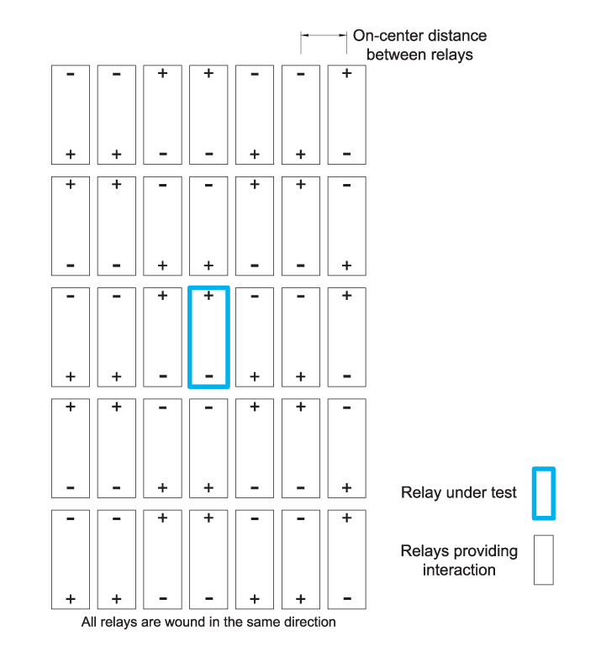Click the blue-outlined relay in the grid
(x=209, y=337)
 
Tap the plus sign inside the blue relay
(x=209, y=296)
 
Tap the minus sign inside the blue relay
(x=209, y=376)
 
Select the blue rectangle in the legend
(x=544, y=494)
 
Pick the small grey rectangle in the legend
(x=544, y=560)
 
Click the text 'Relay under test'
(x=459, y=493)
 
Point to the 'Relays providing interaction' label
(x=459, y=560)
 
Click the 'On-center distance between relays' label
(x=419, y=45)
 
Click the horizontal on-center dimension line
(x=324, y=35)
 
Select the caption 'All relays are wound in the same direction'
(x=208, y=623)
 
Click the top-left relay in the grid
(x=71, y=114)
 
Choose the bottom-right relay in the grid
(x=346, y=559)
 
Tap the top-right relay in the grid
(x=346, y=114)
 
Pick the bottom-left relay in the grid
(x=71, y=559)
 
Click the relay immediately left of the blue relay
(x=163, y=337)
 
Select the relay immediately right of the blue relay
(x=255, y=337)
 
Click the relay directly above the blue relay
(x=209, y=225)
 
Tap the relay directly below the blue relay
(x=209, y=448)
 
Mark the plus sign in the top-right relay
(x=346, y=74)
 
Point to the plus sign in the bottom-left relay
(x=71, y=599)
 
